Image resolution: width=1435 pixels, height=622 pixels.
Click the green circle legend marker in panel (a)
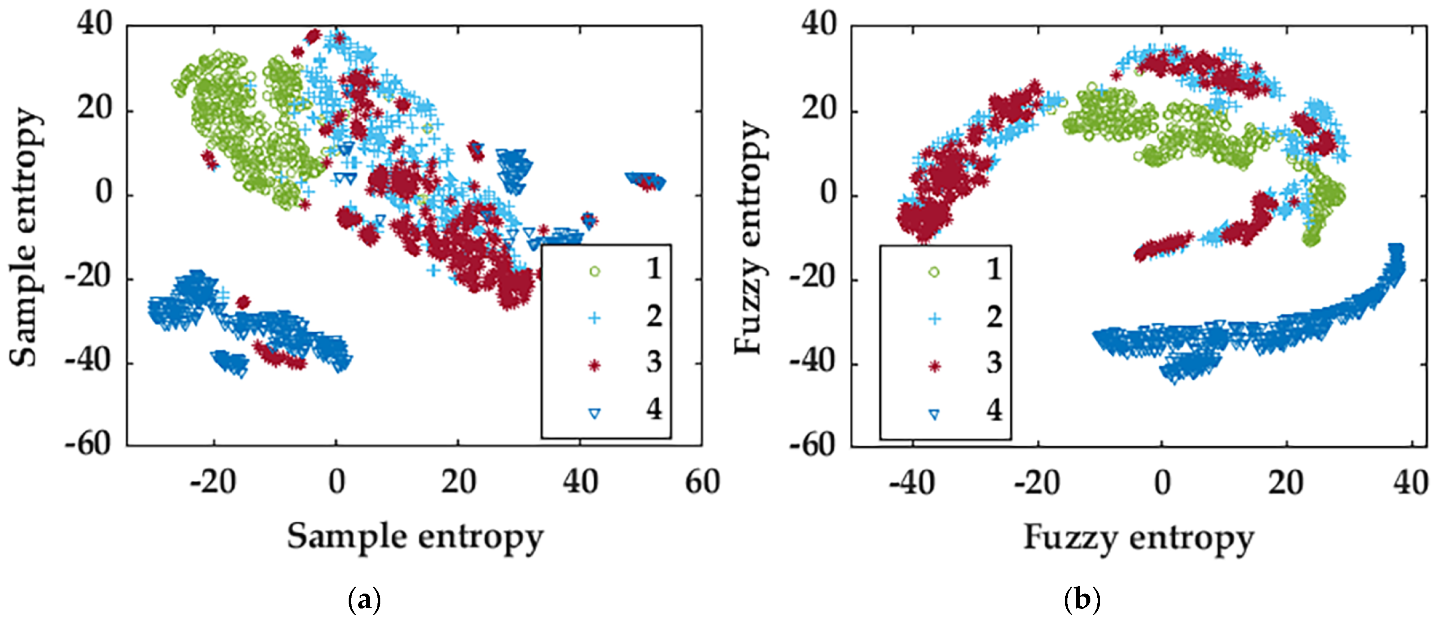click(595, 272)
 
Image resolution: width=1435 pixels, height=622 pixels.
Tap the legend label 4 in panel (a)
click(653, 409)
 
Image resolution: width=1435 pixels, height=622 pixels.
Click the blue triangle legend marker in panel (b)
click(934, 414)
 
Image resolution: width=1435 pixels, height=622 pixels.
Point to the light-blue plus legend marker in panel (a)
click(595, 318)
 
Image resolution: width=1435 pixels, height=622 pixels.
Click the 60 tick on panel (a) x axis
click(702, 482)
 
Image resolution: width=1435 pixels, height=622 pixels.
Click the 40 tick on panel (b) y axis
click(819, 26)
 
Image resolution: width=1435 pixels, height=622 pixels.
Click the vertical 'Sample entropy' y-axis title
click(25, 237)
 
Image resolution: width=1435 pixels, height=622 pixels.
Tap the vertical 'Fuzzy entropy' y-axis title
click(749, 237)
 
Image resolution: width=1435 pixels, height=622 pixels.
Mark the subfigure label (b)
click(1082, 601)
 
